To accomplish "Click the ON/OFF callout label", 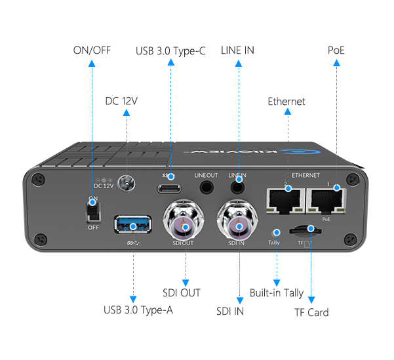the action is [x=92, y=50].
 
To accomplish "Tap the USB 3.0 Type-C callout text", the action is [x=170, y=51].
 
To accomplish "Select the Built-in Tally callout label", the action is [x=277, y=293].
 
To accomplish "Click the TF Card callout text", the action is [x=311, y=313].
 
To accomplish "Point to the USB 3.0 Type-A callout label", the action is [x=138, y=310].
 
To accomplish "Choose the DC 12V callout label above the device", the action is [x=121, y=101].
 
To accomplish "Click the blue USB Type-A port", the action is [x=132, y=224].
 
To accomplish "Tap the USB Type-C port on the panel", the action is [x=169, y=189].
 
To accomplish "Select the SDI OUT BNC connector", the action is [x=184, y=220].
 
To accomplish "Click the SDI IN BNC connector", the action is [x=237, y=220].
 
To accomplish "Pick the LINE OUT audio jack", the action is [x=207, y=188].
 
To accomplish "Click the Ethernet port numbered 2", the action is [x=286, y=201].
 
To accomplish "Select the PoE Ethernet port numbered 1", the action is [x=326, y=201].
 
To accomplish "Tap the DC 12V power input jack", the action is [x=127, y=183].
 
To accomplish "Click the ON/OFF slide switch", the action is [x=94, y=212].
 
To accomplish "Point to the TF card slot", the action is [x=305, y=231].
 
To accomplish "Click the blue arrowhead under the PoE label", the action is [x=336, y=62].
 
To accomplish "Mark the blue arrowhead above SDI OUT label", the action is [x=186, y=283].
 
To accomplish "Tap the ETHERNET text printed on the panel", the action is [x=305, y=175].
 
